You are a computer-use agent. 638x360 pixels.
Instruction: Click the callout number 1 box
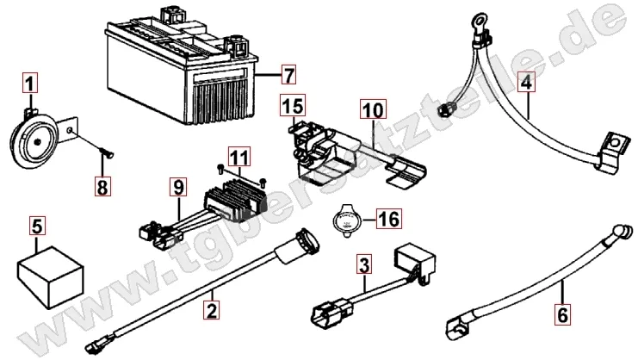[30, 84]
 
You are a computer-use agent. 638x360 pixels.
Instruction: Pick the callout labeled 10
[373, 109]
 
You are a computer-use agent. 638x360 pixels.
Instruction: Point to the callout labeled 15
[293, 107]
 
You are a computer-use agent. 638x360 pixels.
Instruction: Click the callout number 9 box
[177, 185]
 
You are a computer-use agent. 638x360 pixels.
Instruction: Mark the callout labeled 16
[389, 218]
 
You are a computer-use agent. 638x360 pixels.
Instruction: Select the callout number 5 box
[37, 227]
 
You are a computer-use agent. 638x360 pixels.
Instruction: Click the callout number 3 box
[365, 267]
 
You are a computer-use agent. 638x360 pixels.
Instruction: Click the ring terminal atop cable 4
[477, 18]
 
